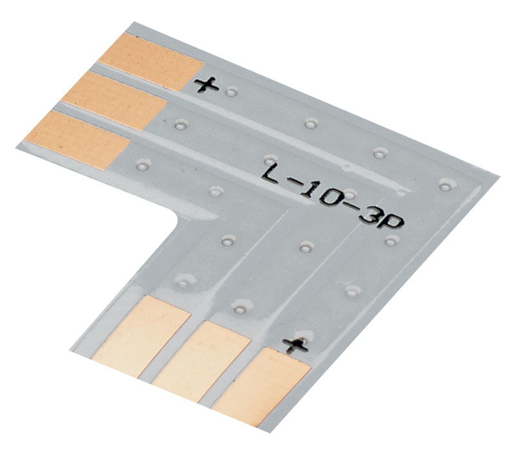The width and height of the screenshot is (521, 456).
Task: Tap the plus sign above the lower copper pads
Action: pyautogui.click(x=296, y=345)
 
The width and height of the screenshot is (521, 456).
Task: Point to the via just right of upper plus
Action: pyautogui.click(x=231, y=91)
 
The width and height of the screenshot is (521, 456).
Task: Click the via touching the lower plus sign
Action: pyautogui.click(x=305, y=335)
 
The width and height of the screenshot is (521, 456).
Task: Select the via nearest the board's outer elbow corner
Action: pyautogui.click(x=444, y=185)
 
